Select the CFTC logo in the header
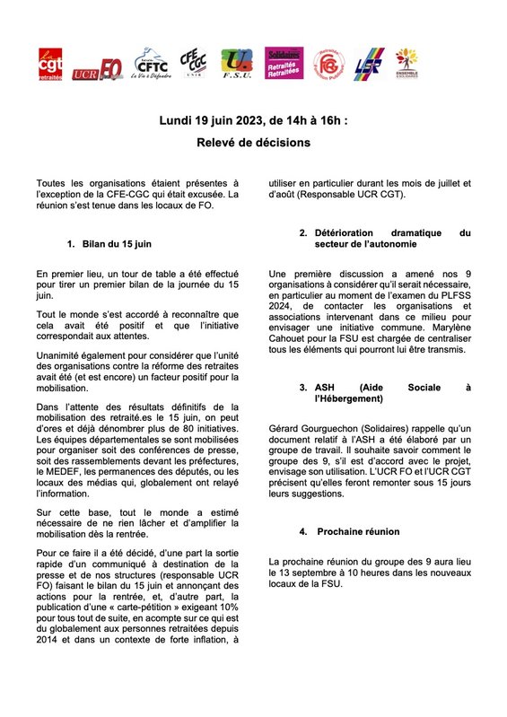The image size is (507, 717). click(149, 64)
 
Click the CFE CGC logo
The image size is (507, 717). click(193, 65)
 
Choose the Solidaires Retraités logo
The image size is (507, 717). click(284, 66)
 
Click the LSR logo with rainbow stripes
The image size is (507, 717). click(370, 66)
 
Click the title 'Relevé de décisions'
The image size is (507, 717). click(253, 142)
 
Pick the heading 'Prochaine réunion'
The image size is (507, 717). click(358, 531)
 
